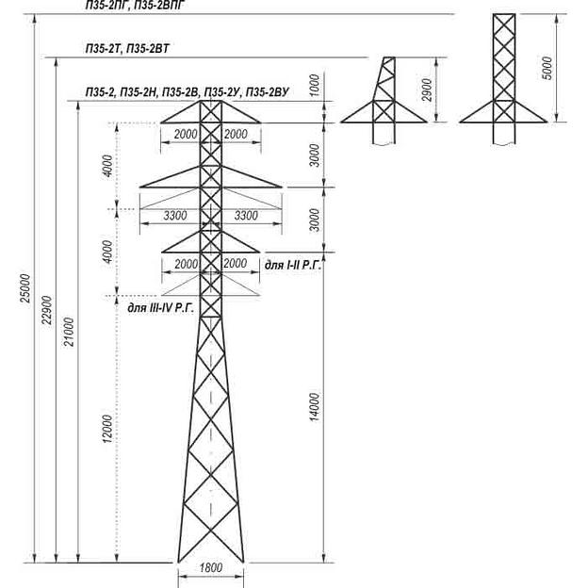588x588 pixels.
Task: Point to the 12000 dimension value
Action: coord(108,429)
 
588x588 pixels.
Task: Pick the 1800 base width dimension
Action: coord(211,569)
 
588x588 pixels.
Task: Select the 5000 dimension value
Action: coord(548,68)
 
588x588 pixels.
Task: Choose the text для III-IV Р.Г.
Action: coord(159,307)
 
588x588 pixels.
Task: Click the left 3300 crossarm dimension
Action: coord(175,217)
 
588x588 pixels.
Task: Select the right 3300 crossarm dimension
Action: coord(245,217)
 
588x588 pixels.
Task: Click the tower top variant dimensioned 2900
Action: coord(382,104)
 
